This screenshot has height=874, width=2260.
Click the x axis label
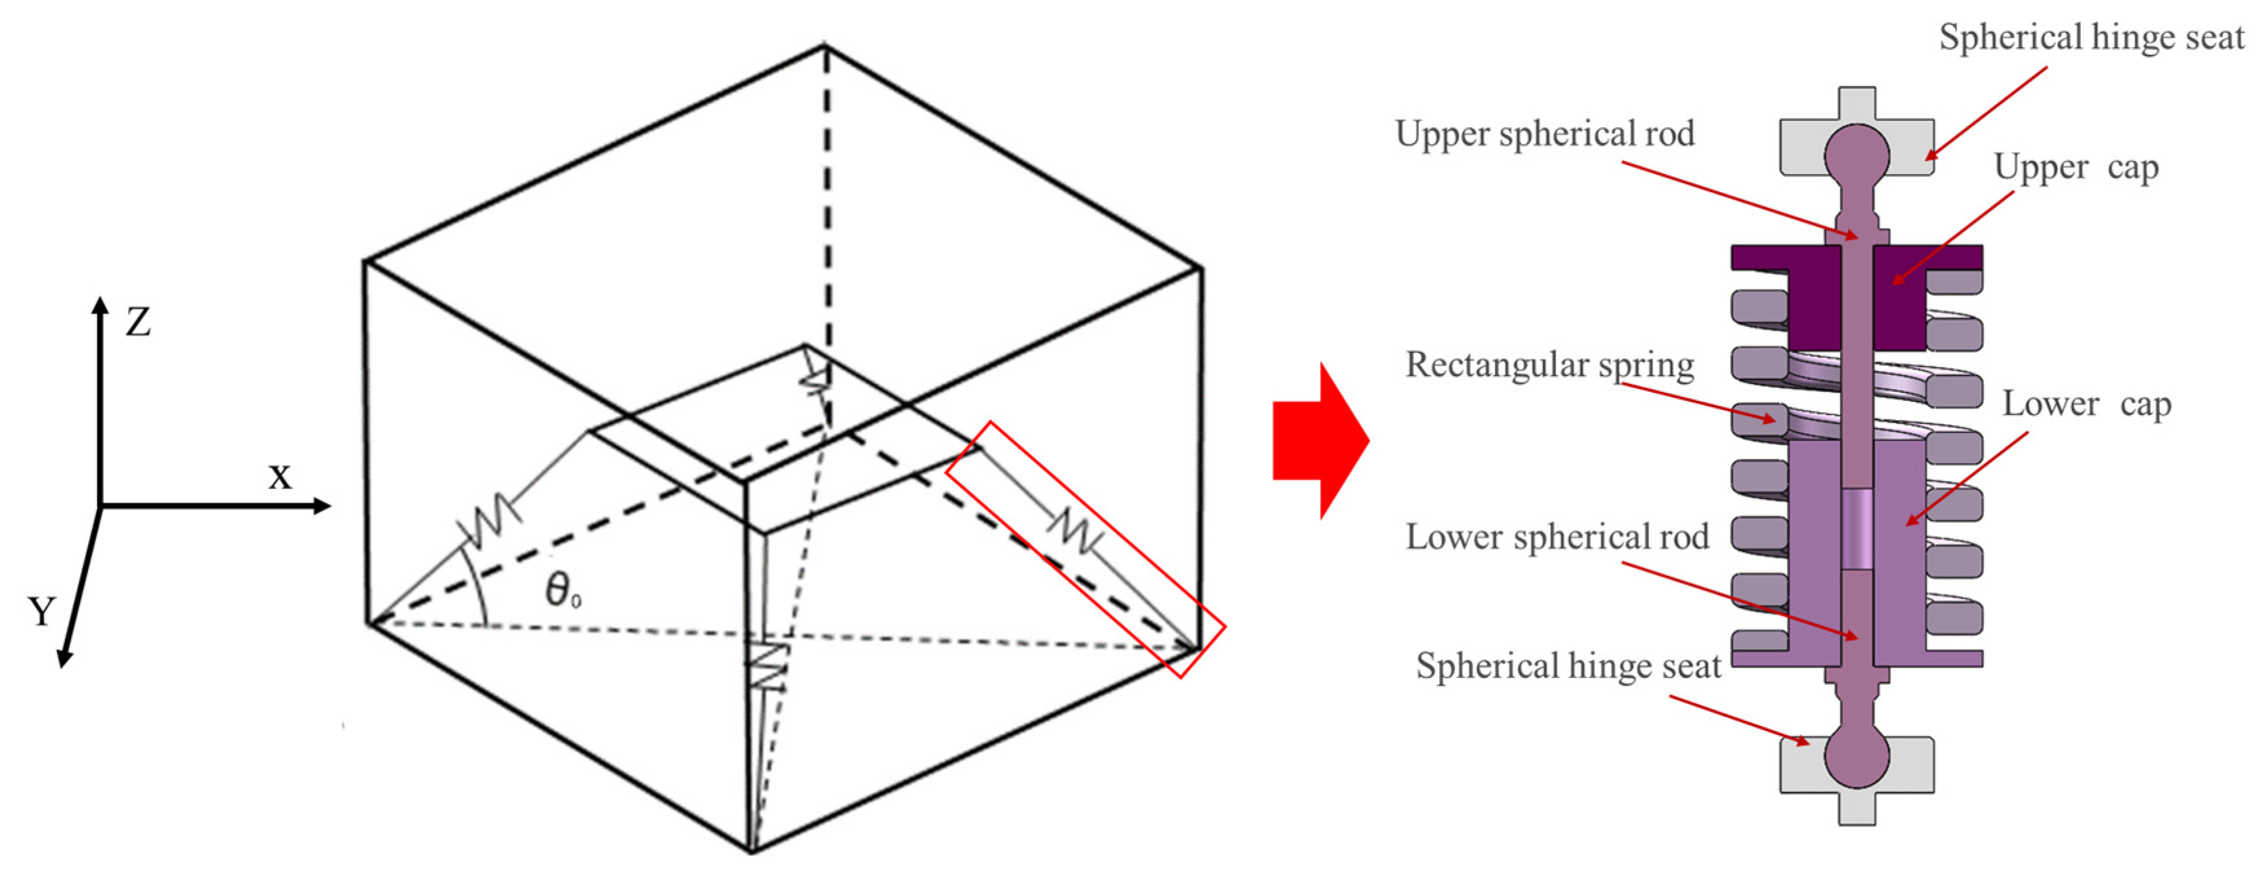(279, 476)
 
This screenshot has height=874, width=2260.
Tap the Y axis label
(41, 612)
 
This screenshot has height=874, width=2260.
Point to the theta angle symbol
(562, 589)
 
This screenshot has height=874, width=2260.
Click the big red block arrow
(1319, 440)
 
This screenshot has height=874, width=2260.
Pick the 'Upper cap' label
(2076, 167)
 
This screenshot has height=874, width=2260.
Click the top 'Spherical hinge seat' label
(2091, 37)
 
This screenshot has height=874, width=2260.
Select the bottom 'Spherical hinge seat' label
(1569, 666)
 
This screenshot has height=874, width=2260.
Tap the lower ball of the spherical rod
(1857, 756)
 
